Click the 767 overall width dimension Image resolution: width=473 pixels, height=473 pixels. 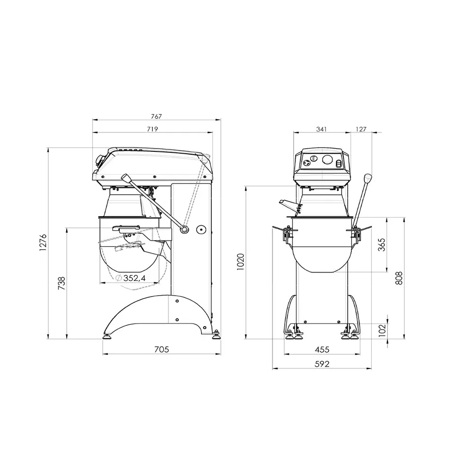(157, 116)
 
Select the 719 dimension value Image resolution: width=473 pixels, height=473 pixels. (152, 129)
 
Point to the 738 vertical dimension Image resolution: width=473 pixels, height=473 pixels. (61, 283)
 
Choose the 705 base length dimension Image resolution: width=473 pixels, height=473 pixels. (161, 350)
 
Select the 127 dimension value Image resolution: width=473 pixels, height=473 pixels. (361, 129)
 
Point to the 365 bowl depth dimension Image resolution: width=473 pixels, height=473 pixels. (382, 245)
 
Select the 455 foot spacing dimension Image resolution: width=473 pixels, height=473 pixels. (322, 350)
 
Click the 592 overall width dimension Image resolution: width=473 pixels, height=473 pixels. (322, 364)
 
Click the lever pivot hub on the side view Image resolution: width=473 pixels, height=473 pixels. (184, 230)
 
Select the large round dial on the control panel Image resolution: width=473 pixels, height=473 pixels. (327, 160)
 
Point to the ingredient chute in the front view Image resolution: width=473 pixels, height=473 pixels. (289, 203)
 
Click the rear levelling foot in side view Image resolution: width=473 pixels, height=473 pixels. (217, 336)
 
